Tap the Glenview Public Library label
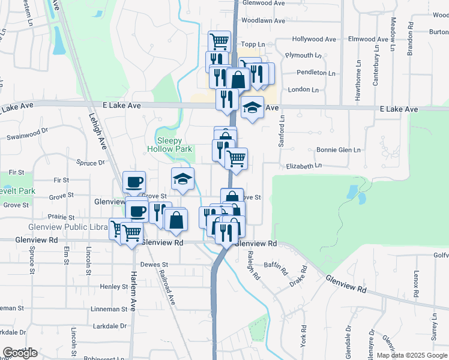66,228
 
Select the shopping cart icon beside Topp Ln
220,41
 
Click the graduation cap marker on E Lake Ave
253,108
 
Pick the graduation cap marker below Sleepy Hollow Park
183,179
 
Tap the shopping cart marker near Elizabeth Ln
237,159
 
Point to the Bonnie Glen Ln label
339,149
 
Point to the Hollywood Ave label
313,39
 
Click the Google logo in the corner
20,353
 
